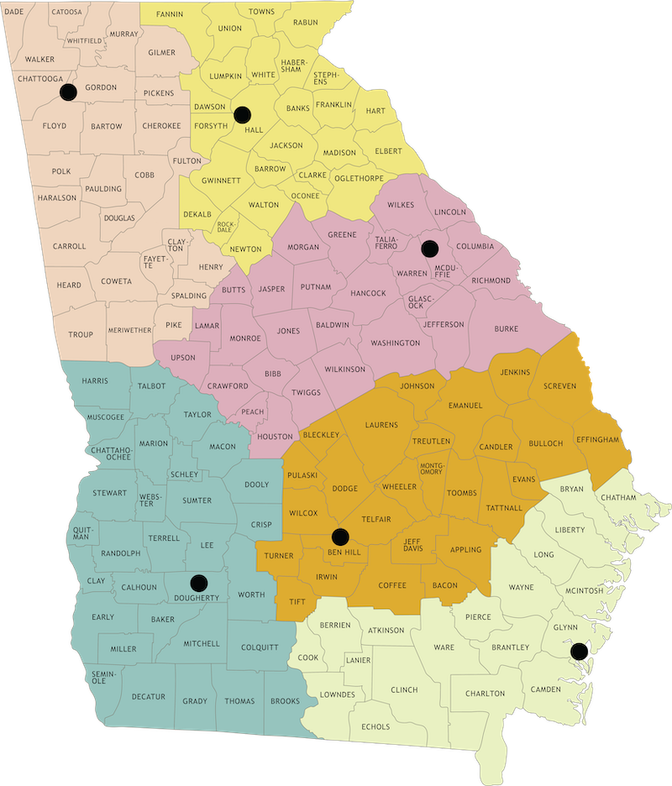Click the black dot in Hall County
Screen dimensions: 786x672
[x=243, y=114]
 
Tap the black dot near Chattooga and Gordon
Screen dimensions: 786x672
[x=68, y=91]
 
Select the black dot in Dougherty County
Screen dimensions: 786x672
[x=198, y=581]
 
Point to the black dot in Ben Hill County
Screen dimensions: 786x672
[x=340, y=537]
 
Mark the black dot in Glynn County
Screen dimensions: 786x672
[x=577, y=650]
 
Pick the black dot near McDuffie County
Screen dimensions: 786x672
[x=430, y=248]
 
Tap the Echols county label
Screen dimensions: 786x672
[x=375, y=726]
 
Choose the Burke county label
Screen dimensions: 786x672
[x=507, y=329]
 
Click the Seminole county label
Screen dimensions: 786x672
[x=99, y=677]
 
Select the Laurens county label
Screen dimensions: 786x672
[x=381, y=425]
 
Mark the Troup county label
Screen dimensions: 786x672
[x=81, y=334]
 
